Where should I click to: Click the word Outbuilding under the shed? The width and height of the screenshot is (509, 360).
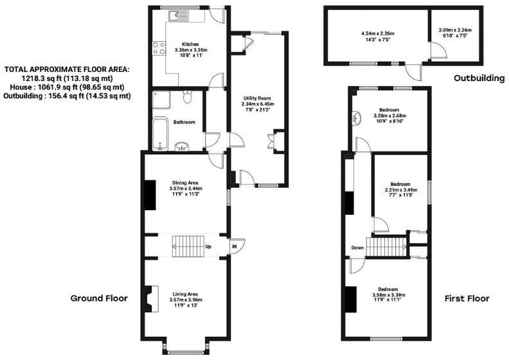479,78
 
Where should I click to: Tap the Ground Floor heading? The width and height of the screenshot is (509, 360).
100,298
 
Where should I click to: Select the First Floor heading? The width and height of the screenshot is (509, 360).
467,299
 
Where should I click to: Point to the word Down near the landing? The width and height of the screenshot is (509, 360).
357,248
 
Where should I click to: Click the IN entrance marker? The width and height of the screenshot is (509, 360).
235,246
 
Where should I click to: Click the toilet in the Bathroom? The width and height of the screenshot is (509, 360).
188,98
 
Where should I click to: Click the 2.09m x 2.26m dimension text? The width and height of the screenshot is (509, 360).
455,29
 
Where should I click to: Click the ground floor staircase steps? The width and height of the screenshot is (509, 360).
187,246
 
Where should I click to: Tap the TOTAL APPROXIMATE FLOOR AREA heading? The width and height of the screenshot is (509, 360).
67,69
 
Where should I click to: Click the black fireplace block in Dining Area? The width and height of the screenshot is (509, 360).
149,195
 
